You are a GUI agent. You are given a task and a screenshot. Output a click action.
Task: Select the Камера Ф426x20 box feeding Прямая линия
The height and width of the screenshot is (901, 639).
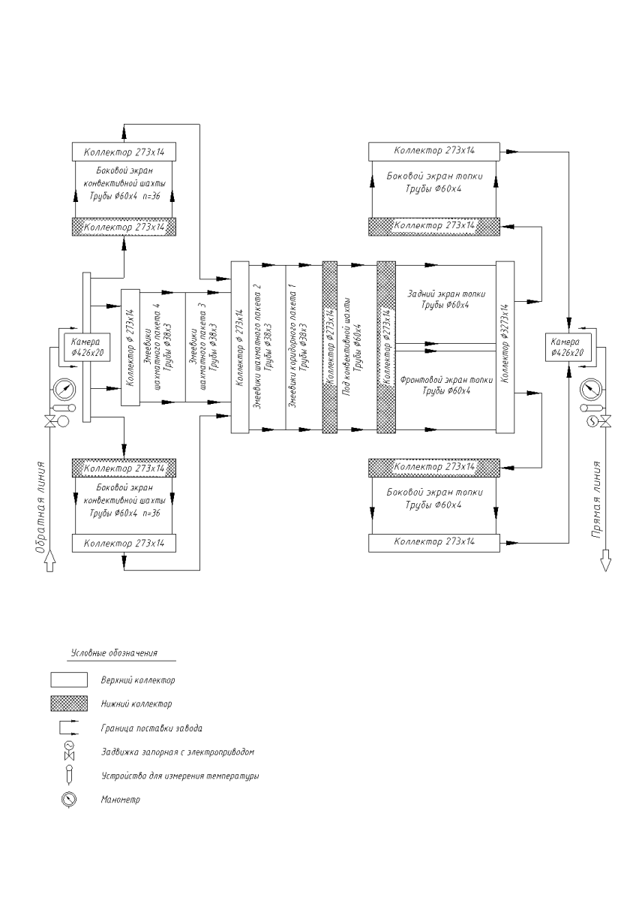pyautogui.click(x=568, y=346)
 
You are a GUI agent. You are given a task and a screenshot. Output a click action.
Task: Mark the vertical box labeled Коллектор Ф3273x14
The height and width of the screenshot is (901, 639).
pyautogui.click(x=505, y=347)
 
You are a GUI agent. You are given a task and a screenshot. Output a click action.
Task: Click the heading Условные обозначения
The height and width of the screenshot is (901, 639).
pyautogui.click(x=118, y=654)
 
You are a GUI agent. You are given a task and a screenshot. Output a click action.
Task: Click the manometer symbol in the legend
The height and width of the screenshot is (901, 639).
pyautogui.click(x=64, y=800)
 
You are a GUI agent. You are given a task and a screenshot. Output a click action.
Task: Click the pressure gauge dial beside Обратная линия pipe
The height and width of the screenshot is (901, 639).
pyautogui.click(x=64, y=390)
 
